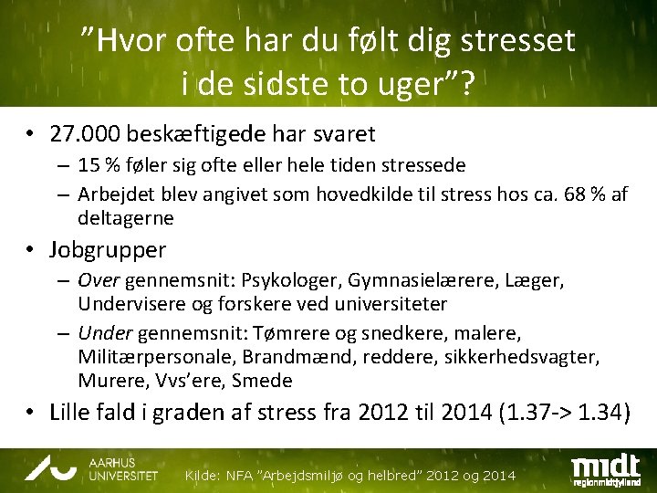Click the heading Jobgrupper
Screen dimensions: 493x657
[x=108, y=248]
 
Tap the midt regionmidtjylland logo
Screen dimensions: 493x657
[x=607, y=468]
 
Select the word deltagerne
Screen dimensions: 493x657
[x=125, y=218]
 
